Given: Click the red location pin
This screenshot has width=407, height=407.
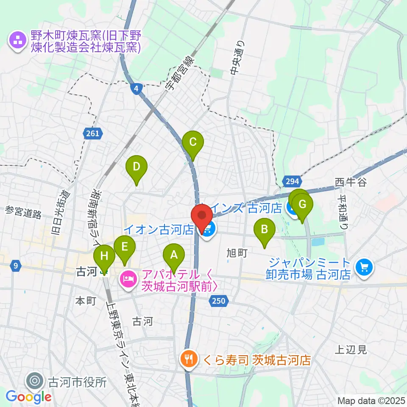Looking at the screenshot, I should click(202, 216).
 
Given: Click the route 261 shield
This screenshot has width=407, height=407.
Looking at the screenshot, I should click(92, 134).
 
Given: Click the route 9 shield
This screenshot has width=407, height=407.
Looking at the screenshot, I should click(16, 266).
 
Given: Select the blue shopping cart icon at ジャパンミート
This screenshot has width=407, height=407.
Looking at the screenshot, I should click(363, 268).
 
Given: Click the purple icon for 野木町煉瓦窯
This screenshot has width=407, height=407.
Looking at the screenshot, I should click(18, 41).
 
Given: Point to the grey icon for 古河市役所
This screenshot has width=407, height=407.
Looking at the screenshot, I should click(33, 381).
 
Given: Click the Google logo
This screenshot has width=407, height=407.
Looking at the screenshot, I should click(28, 397).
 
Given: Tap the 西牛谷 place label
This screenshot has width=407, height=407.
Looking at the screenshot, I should click(350, 182).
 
